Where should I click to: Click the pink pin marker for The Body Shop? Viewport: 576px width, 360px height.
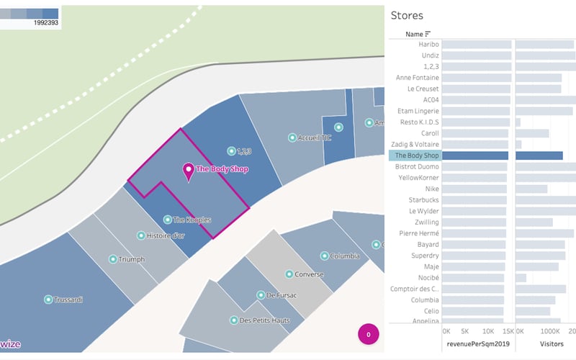[189, 171]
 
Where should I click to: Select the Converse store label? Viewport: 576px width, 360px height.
[309, 274]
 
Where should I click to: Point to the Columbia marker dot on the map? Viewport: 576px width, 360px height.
[325, 256]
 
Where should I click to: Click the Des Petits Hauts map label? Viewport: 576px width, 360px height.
[264, 320]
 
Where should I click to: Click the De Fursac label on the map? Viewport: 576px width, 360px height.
[282, 295]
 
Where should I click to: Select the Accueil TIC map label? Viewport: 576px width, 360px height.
[314, 138]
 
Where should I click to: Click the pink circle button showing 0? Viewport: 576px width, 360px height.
[369, 334]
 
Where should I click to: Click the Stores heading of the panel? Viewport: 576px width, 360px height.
[407, 15]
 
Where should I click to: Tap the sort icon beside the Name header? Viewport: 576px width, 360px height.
[428, 34]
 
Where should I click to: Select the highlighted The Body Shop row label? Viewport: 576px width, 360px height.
[418, 156]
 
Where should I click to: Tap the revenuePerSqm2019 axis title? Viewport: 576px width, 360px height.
[477, 345]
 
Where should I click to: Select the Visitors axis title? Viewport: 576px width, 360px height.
[552, 345]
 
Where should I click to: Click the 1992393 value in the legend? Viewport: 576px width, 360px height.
[45, 23]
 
